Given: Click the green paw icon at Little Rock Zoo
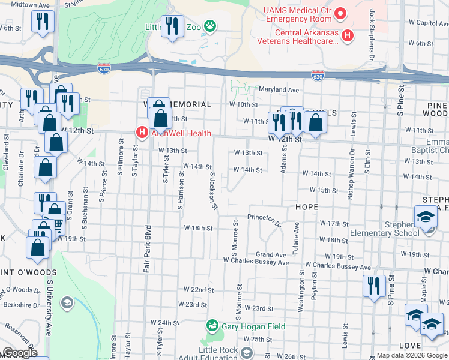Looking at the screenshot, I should tap(210, 26).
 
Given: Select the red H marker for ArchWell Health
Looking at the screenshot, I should tap(142, 132).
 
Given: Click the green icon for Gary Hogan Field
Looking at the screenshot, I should tap(212, 326).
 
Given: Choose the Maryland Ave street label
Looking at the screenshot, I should tap(279, 90).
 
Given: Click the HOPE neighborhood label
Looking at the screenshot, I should tap(306, 206).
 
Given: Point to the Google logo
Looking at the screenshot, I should tap(20, 353).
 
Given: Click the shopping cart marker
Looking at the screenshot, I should tap(58, 226).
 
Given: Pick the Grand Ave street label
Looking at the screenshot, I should tap(271, 255).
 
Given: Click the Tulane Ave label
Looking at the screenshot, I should tap(296, 236).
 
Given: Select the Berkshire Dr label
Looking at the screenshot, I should tap(17, 304).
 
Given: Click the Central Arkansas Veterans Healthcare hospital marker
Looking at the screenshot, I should tap(347, 37).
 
